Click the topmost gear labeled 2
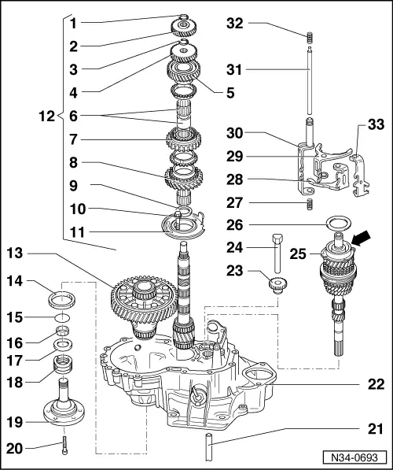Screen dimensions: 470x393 click(184, 30)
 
